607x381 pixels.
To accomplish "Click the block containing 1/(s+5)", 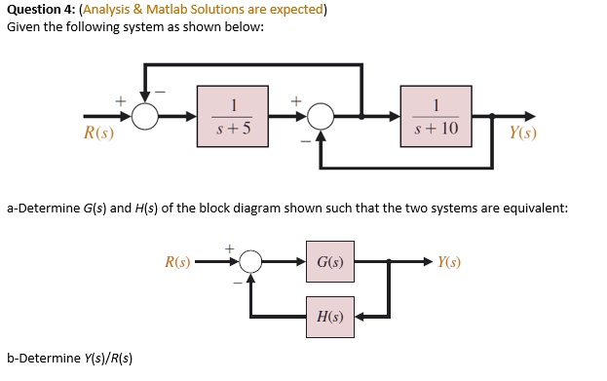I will click(234, 117).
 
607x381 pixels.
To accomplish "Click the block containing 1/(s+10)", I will click(436, 117).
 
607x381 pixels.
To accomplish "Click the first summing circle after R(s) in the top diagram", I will click(146, 117).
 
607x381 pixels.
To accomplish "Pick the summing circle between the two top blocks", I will click(321, 117).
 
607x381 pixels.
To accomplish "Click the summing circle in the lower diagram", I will click(251, 261).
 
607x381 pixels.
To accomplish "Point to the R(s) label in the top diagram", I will click(98, 133).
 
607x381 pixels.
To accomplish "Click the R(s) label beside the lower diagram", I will click(179, 261).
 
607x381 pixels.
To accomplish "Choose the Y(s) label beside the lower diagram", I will click(449, 261).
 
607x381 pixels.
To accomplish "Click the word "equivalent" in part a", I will click(528, 209).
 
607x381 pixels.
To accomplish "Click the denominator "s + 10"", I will click(436, 129).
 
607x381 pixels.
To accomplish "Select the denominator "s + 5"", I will click(234, 129).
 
